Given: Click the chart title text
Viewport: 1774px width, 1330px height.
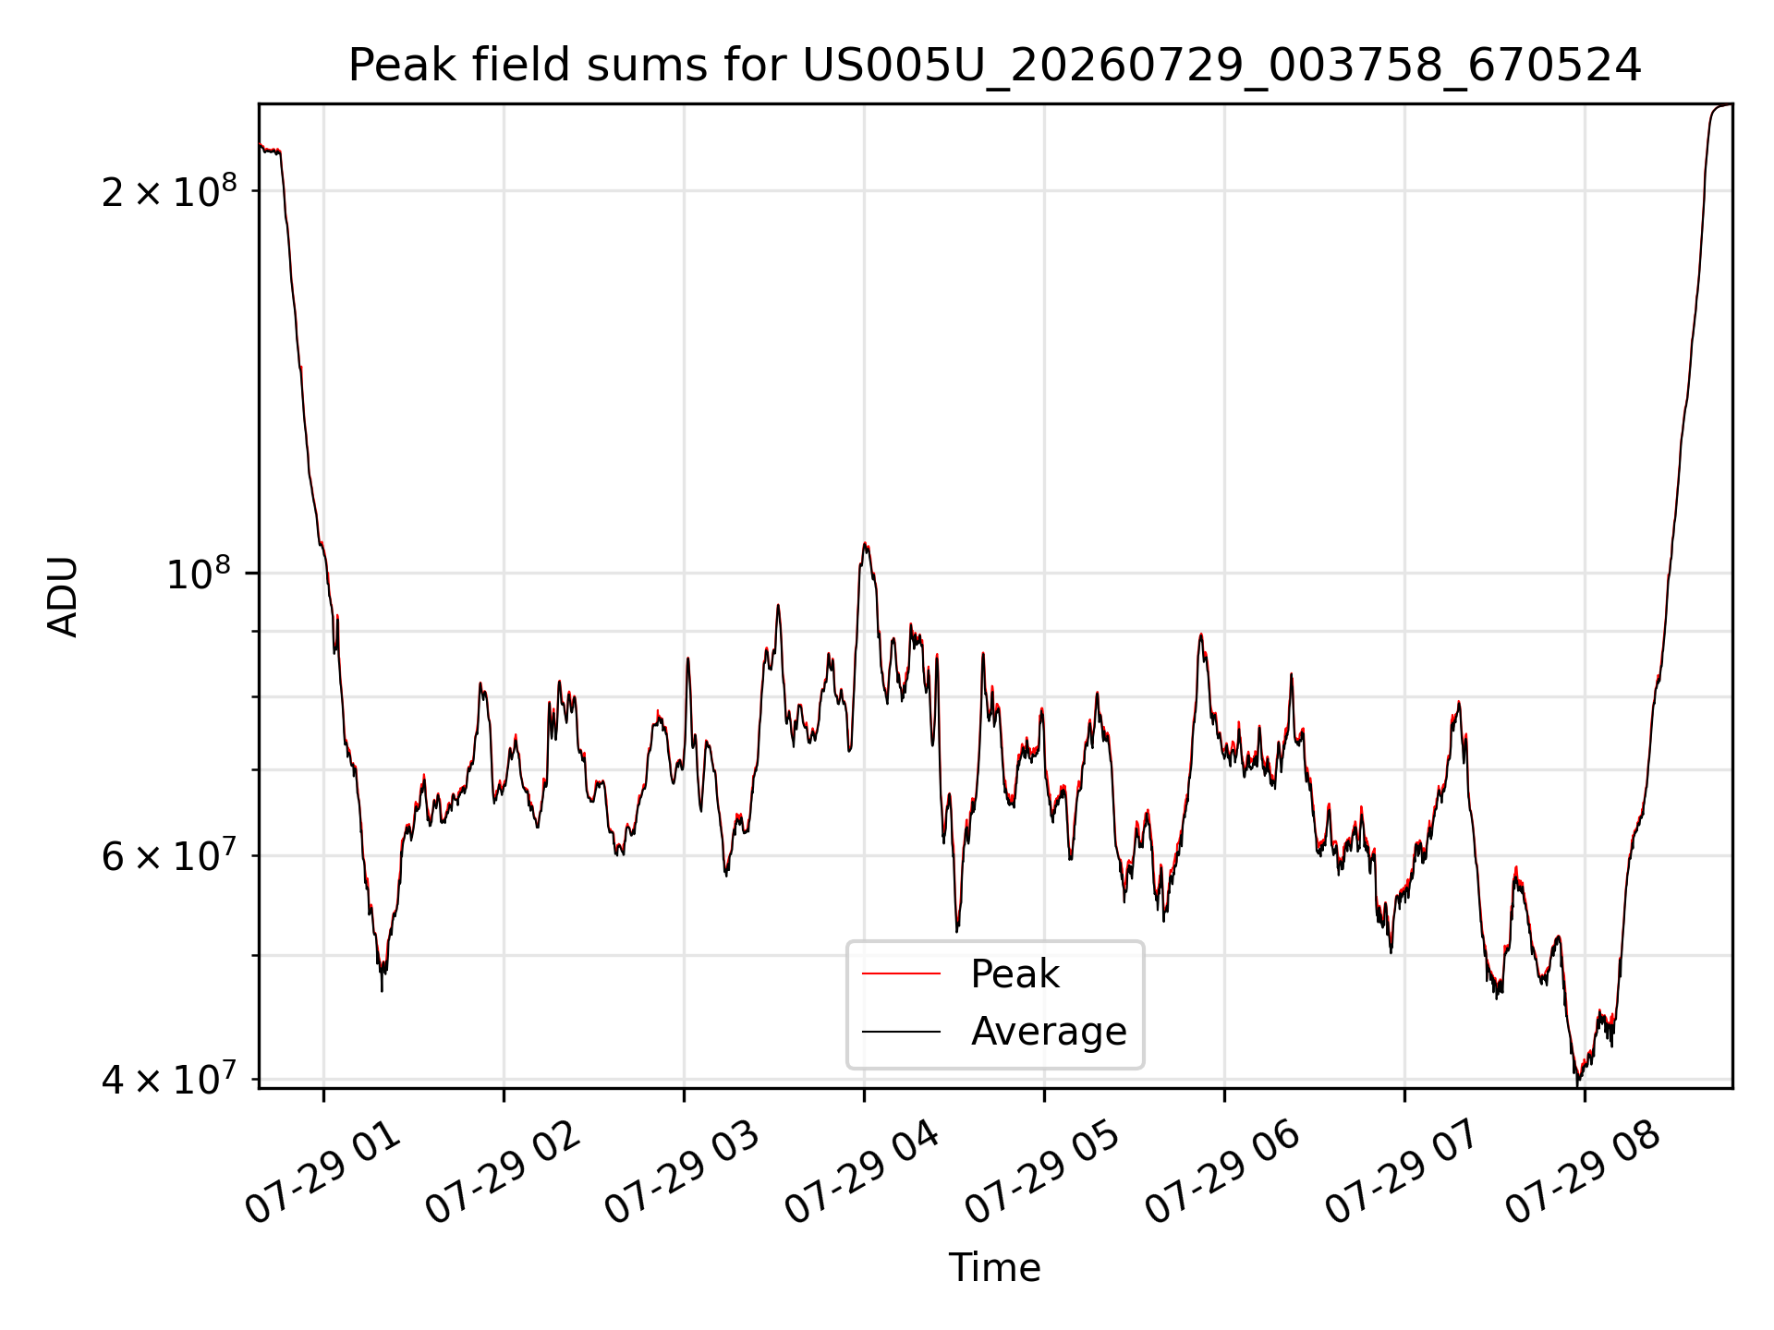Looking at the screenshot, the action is point(994,66).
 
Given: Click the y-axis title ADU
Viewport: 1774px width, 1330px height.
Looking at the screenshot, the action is point(63,597).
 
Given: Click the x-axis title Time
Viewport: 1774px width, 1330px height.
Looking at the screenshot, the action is point(994,1268).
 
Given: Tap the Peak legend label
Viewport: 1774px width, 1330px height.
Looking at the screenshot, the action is point(1015,974).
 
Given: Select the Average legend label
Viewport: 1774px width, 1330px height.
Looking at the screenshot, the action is point(1049,1031).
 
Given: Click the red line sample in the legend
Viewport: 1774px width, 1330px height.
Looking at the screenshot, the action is point(901,973).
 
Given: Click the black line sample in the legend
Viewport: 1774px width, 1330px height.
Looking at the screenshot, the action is point(901,1031).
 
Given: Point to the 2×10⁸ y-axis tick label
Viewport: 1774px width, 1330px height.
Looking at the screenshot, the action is point(169,191).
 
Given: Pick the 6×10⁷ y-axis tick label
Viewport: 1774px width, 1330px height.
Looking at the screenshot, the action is point(169,855).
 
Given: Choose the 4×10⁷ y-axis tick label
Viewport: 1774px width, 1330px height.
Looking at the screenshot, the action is point(169,1078).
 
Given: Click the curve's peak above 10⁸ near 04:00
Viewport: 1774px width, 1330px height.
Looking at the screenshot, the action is point(865,543).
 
